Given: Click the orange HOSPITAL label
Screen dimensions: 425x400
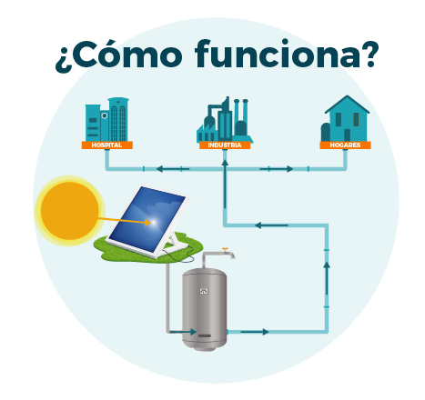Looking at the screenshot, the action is pyautogui.click(x=106, y=145).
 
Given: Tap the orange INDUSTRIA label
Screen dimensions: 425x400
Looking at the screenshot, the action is pyautogui.click(x=225, y=145).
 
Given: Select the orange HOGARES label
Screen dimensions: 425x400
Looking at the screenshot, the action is pyautogui.click(x=345, y=145).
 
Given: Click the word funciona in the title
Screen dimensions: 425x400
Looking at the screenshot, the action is pyautogui.click(x=287, y=54).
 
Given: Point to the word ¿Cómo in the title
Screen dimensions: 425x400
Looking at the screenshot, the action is pyautogui.click(x=119, y=56).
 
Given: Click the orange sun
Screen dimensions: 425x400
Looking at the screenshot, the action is pyautogui.click(x=69, y=211).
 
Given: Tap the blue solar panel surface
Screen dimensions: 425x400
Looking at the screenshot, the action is pyautogui.click(x=147, y=219).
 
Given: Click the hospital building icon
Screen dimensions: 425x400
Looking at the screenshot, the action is pyautogui.click(x=106, y=119).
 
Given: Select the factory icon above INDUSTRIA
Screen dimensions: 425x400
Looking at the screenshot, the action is pyautogui.click(x=225, y=120).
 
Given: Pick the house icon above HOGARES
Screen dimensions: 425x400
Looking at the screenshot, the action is pyautogui.click(x=346, y=118).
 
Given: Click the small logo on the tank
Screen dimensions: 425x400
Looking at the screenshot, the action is pyautogui.click(x=204, y=292).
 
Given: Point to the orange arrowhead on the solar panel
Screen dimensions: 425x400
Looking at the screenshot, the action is pyautogui.click(x=147, y=223).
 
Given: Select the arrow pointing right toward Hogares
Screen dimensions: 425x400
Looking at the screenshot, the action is pyautogui.click(x=277, y=169).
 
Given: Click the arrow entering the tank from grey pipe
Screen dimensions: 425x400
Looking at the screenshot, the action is pyautogui.click(x=183, y=332).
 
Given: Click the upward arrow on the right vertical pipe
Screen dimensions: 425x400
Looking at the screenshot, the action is pyautogui.click(x=327, y=278).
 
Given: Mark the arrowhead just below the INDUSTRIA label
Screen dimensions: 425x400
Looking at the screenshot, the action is pyautogui.click(x=225, y=163).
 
